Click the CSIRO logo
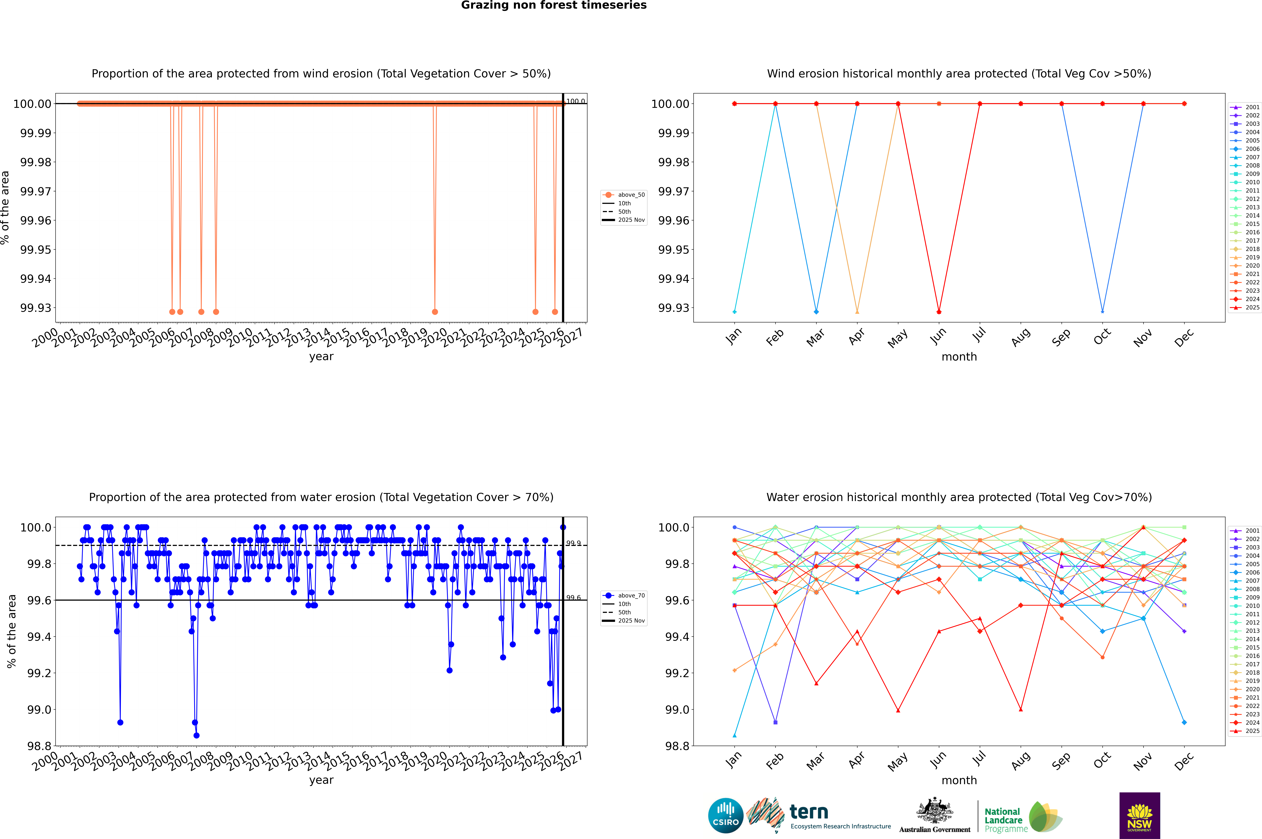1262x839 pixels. pyautogui.click(x=725, y=815)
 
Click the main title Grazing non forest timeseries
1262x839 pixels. pyautogui.click(x=554, y=5)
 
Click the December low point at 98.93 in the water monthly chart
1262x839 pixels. pyautogui.click(x=1184, y=722)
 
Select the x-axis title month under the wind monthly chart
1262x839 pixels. pyautogui.click(x=959, y=357)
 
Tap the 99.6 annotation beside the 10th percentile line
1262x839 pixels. pyautogui.click(x=573, y=598)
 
